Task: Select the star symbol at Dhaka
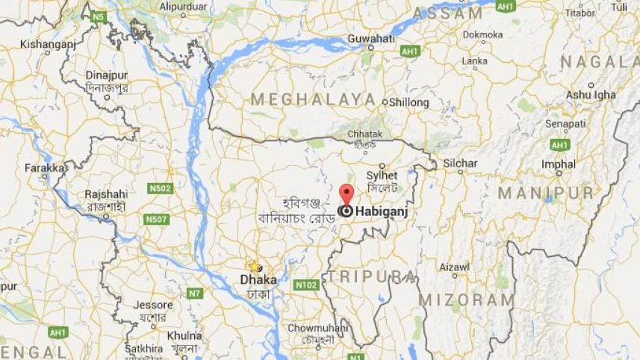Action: tap(254, 267)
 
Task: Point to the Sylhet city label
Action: tap(382, 175)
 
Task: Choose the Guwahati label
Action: tap(370, 38)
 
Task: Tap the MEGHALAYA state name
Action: tap(313, 99)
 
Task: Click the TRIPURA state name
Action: tap(371, 276)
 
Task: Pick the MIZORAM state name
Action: tap(466, 300)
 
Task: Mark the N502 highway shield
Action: tap(159, 188)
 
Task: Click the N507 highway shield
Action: tap(157, 219)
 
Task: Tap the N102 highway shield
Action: tap(306, 285)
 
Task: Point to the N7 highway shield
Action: tap(194, 294)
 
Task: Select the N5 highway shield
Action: tap(98, 16)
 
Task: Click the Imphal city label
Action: tap(559, 164)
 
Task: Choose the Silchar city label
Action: tap(460, 163)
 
